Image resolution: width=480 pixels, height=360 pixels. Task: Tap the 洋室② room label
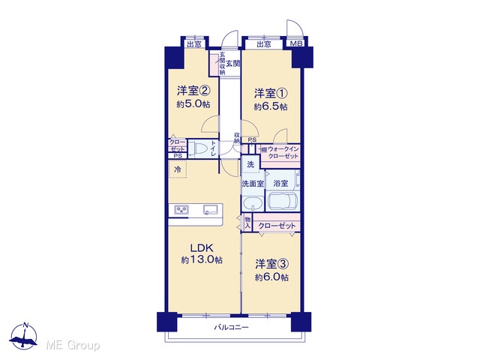point(193,91)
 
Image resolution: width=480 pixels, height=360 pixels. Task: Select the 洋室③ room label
point(272,263)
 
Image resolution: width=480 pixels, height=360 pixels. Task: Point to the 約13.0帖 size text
point(202,260)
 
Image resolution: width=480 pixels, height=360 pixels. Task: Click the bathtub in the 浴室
point(283,201)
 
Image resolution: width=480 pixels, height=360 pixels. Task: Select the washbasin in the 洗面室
point(253,203)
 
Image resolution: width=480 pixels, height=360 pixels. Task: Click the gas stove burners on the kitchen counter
point(181,210)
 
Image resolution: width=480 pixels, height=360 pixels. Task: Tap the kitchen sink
point(210,209)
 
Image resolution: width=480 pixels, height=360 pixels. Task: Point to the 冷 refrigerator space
point(178,169)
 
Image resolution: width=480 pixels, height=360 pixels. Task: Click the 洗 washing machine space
point(250,164)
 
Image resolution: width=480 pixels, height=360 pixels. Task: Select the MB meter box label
point(296,43)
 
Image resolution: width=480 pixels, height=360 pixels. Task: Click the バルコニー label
point(231,328)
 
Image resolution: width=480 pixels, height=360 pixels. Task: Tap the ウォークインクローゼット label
point(283,152)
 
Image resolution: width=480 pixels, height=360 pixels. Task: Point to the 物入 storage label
point(247,223)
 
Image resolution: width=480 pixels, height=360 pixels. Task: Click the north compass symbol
point(23,336)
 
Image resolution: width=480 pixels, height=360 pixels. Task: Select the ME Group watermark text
point(73,345)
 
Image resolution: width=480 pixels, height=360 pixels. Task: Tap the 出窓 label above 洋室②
point(194,44)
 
